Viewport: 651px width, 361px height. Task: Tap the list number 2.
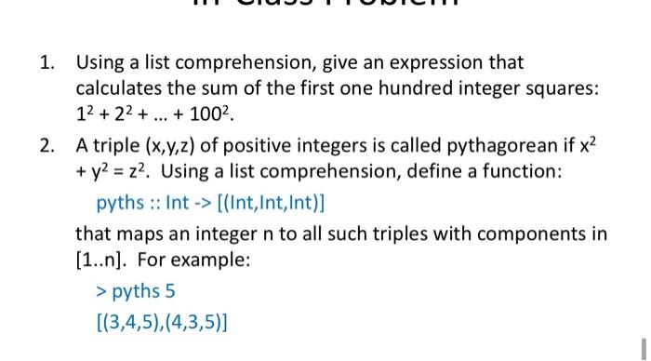click(x=46, y=147)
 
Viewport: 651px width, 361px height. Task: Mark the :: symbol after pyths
click(x=152, y=202)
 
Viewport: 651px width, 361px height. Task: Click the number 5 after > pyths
click(x=169, y=291)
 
